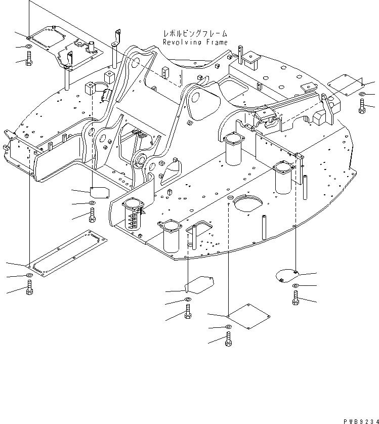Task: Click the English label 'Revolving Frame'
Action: (195, 43)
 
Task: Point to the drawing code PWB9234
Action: (356, 419)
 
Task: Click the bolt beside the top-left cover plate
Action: (29, 60)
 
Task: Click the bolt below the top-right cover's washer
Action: (362, 106)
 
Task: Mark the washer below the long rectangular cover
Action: (29, 275)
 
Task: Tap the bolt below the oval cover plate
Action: (296, 298)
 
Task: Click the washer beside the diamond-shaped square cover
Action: (228, 327)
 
